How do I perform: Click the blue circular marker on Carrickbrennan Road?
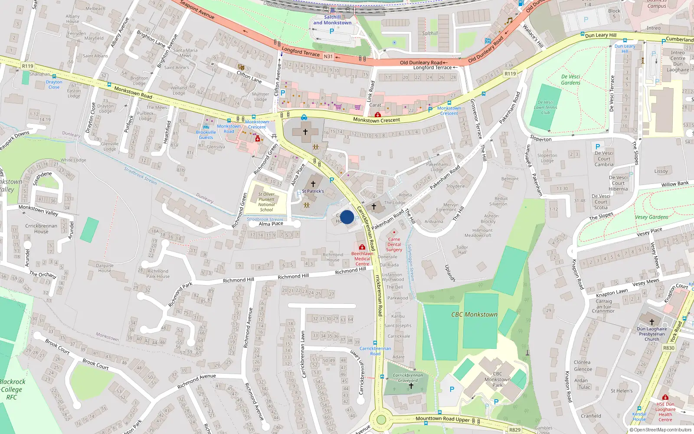coord(347,217)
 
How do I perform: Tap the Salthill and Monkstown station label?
coord(332,20)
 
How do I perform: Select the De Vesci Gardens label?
coord(570,79)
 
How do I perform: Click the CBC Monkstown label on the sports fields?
coord(474,314)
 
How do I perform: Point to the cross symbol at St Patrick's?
coord(313,184)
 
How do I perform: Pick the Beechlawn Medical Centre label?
coord(362,259)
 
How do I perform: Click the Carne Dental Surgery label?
coord(394,244)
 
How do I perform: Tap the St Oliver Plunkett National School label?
coord(266,202)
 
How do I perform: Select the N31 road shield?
coord(328,56)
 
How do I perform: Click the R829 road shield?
coord(514,430)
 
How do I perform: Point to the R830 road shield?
coord(668,348)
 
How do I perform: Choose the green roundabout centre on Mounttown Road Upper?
coord(381,420)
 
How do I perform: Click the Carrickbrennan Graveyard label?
coord(407,378)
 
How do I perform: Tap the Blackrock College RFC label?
coord(12,389)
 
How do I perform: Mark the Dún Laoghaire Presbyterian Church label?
coord(651,334)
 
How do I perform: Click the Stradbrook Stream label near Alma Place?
coord(265,220)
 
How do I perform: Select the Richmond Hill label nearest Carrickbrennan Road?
coord(350,271)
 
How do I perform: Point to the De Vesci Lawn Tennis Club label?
coord(545,107)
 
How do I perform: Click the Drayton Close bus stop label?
coord(54,84)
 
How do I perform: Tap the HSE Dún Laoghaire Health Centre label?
coord(665,412)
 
